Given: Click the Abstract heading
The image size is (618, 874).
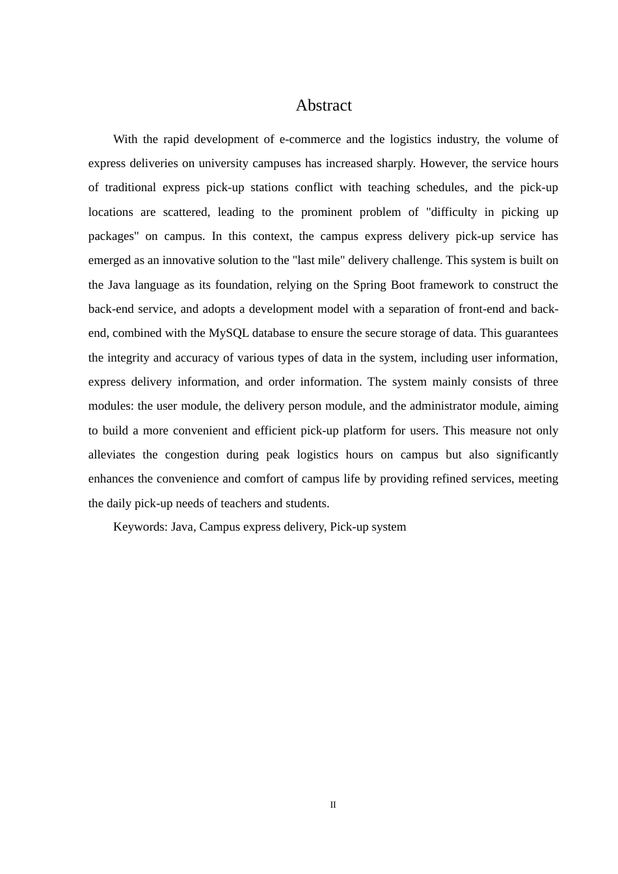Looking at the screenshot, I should [x=323, y=105].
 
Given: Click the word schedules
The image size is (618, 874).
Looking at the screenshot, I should [x=440, y=188].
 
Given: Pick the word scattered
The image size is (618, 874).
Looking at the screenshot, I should [x=187, y=212].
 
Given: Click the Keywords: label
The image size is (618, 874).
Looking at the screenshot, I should [x=141, y=527].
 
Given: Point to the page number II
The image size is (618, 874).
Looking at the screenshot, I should [x=333, y=805].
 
